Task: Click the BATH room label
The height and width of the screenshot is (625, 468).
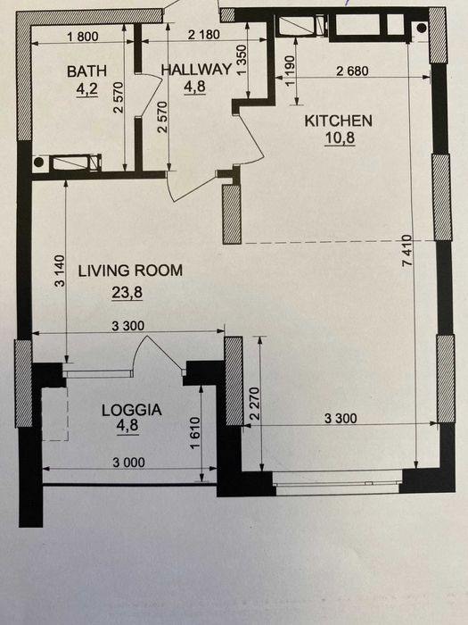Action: click(x=86, y=71)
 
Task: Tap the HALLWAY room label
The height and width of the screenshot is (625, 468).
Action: click(x=196, y=70)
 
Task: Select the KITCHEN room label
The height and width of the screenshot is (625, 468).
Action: click(x=338, y=121)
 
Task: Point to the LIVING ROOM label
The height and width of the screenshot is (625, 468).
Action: click(x=130, y=271)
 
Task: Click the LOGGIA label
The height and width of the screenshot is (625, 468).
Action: click(x=131, y=410)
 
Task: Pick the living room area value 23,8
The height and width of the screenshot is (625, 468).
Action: click(x=127, y=293)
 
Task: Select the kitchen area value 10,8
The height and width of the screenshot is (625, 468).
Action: click(x=340, y=137)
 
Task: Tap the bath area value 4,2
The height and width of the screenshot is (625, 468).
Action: click(x=86, y=89)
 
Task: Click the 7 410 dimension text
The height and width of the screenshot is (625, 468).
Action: click(x=407, y=251)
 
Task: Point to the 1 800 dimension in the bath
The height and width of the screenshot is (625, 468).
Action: click(x=83, y=37)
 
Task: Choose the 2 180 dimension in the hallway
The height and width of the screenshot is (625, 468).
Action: click(x=203, y=35)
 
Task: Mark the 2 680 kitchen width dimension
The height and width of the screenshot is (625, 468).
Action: click(x=352, y=71)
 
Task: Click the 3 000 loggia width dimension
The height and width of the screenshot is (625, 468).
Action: click(x=128, y=462)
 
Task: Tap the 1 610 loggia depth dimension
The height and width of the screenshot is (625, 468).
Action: click(x=194, y=433)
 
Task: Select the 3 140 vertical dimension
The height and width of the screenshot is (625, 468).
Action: click(x=59, y=271)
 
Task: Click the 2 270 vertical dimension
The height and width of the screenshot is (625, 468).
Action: click(x=255, y=404)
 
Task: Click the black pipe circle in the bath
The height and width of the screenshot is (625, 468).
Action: click(x=38, y=162)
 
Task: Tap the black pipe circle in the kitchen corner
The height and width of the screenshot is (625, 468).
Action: click(x=422, y=28)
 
